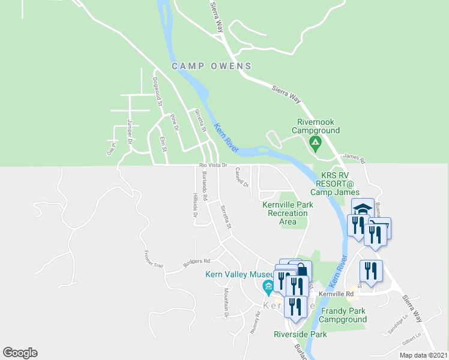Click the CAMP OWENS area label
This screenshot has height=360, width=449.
211,66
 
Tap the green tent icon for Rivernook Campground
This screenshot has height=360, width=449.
314,143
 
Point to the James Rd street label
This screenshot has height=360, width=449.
354,158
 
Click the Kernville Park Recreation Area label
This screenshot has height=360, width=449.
288,213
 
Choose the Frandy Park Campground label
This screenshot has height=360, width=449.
343,315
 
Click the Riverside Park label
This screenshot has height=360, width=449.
300,334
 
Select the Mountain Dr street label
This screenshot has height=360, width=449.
226,302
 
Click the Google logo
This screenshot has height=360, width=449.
20,353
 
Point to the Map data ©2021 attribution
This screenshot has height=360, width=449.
423,355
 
